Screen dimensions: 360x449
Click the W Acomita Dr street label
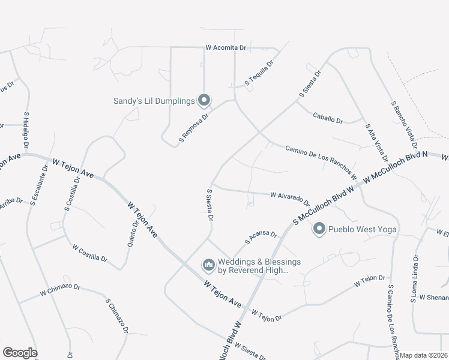[x=226, y=47]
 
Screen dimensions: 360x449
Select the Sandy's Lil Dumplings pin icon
[x=204, y=100]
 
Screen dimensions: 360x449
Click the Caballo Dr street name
[x=328, y=117]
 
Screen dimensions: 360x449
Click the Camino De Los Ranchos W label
[x=321, y=163]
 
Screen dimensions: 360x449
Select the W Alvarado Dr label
[x=290, y=198]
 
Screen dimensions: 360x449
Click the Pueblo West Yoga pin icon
[x=319, y=229]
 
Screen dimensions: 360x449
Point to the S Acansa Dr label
[x=261, y=238]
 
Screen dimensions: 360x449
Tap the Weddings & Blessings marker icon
[x=208, y=265]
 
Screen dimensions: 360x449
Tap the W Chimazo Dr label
[x=60, y=289]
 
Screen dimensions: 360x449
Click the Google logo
[x=20, y=352]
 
